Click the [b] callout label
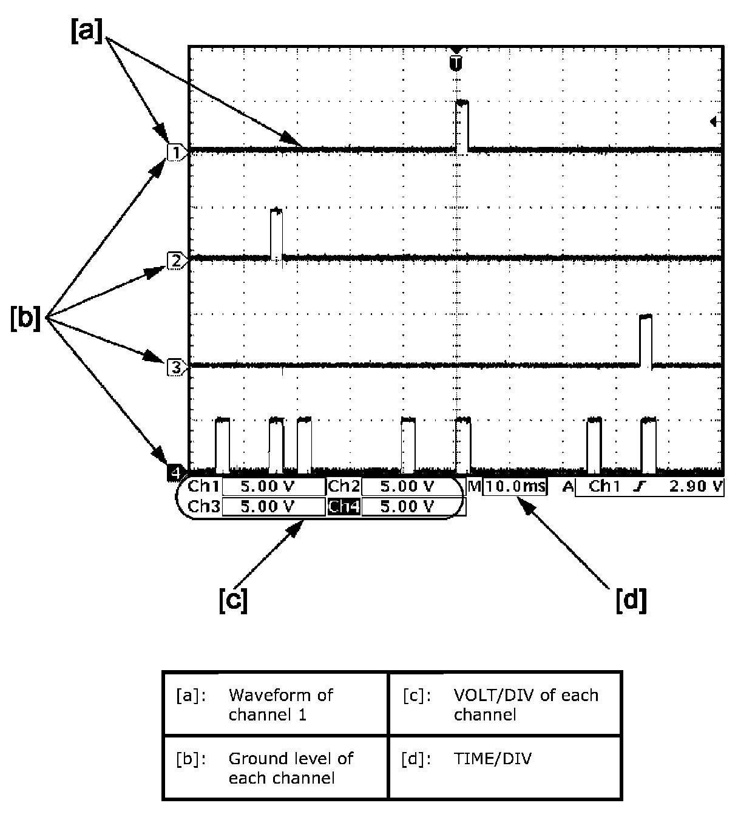tap(25, 319)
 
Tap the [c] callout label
tap(233, 600)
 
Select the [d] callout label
tap(631, 600)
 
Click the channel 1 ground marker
tap(175, 152)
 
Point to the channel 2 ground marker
tap(175, 261)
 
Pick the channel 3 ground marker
tap(175, 367)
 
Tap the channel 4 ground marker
tap(175, 472)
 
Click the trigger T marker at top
tap(456, 61)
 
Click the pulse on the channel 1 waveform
tap(462, 125)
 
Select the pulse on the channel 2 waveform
tap(276, 234)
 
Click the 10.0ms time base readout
tap(515, 487)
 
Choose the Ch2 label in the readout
tap(344, 487)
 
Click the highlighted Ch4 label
tap(344, 506)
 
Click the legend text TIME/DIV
tap(492, 759)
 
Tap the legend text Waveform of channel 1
tap(280, 704)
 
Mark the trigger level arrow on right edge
tap(714, 122)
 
